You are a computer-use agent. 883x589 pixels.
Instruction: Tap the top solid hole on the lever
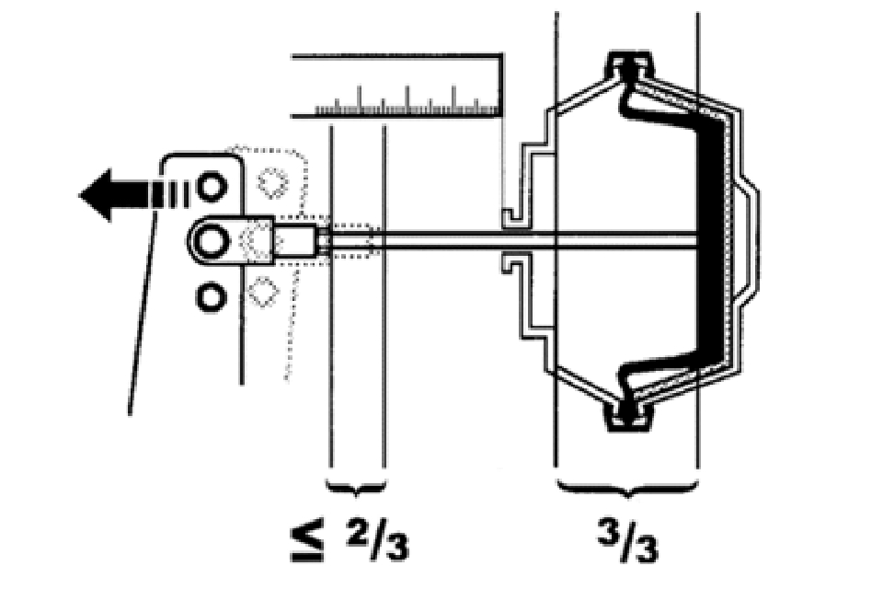(212, 187)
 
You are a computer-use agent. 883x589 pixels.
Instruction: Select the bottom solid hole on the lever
(212, 296)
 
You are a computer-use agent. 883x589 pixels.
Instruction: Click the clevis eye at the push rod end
(212, 241)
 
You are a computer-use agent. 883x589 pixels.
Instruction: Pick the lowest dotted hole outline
(263, 293)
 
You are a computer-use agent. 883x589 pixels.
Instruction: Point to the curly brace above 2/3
(356, 484)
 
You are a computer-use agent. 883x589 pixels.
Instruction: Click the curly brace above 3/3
(625, 484)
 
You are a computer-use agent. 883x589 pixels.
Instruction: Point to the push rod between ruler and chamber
(441, 241)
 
